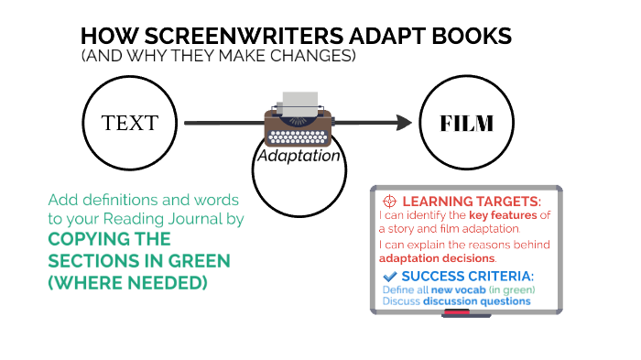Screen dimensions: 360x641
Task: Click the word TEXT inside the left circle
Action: point(129,123)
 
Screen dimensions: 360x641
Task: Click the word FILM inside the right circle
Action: point(467,123)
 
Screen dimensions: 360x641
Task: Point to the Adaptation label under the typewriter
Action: point(299,156)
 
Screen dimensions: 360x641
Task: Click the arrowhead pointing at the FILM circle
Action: point(403,122)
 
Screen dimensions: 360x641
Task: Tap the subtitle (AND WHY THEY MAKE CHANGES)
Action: point(218,57)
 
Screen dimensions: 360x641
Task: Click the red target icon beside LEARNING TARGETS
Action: point(389,201)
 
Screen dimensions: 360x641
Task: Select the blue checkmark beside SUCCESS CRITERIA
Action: point(389,276)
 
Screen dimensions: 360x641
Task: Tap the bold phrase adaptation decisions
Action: point(436,258)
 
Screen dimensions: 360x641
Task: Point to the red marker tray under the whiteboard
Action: point(455,313)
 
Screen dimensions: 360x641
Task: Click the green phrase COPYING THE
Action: point(109,239)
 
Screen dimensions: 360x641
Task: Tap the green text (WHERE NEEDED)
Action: point(127,283)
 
